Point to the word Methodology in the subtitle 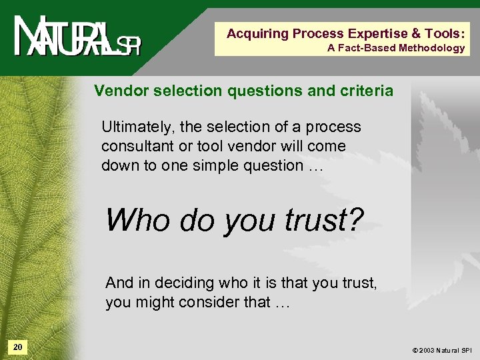point(431,48)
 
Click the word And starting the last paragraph point(120,283)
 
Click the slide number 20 point(18,347)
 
